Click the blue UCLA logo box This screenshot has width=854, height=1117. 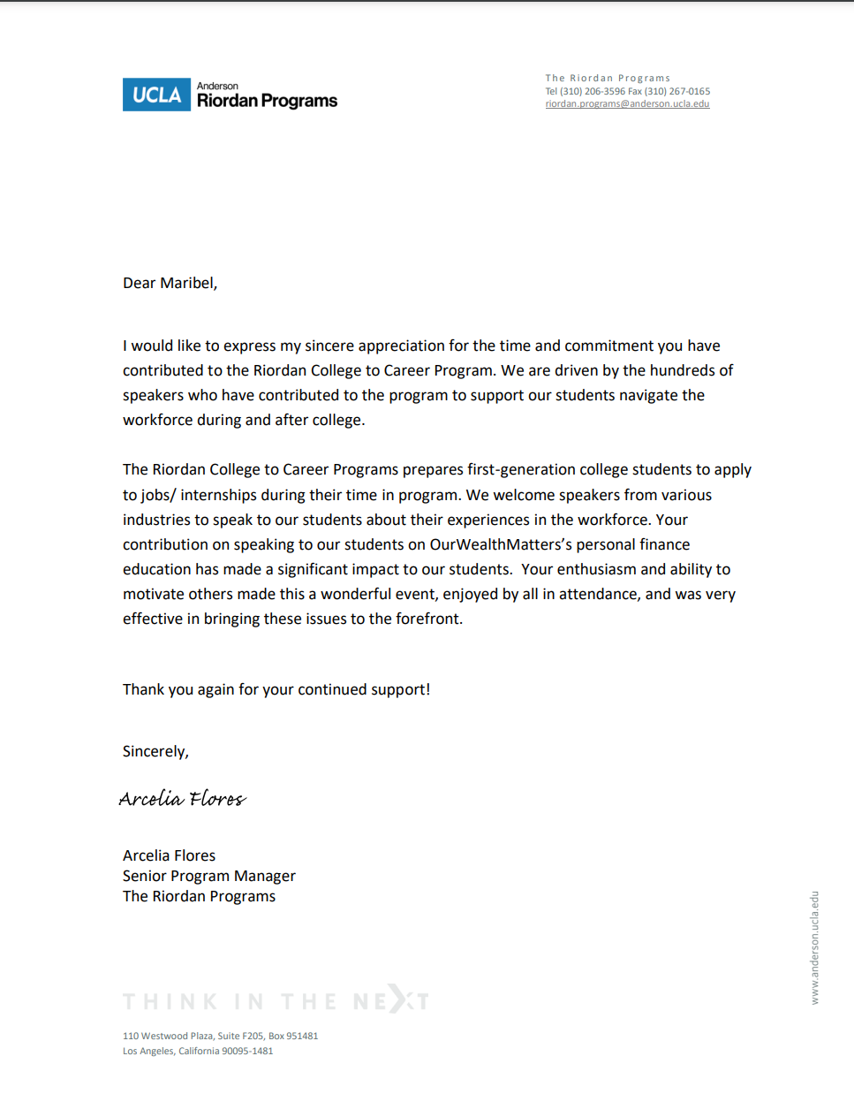coord(156,95)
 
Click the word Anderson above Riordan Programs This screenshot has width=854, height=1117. coord(217,86)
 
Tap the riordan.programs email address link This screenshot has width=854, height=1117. coord(627,104)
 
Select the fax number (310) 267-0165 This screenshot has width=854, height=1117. coord(676,91)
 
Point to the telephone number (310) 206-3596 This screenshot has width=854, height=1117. coord(593,91)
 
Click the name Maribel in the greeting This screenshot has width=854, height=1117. coord(188,283)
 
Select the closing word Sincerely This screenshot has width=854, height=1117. coord(155,751)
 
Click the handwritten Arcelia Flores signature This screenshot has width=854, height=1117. coord(183,799)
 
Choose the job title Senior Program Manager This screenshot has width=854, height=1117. coord(209,876)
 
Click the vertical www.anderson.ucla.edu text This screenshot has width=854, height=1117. coord(815,947)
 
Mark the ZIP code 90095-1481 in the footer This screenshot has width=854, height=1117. coord(247,1051)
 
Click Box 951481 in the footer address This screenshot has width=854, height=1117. coord(293,1036)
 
